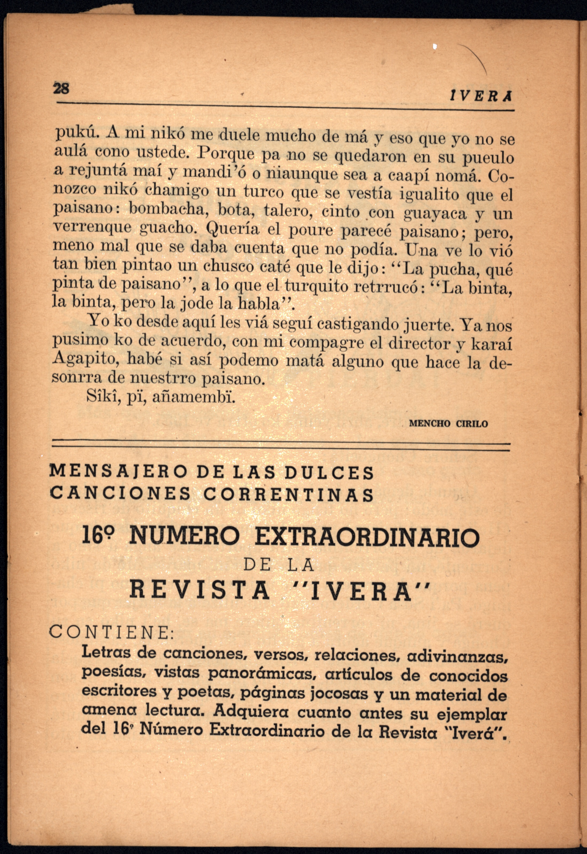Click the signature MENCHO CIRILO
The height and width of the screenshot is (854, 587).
point(448,424)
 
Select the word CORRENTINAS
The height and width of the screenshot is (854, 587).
point(288,495)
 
